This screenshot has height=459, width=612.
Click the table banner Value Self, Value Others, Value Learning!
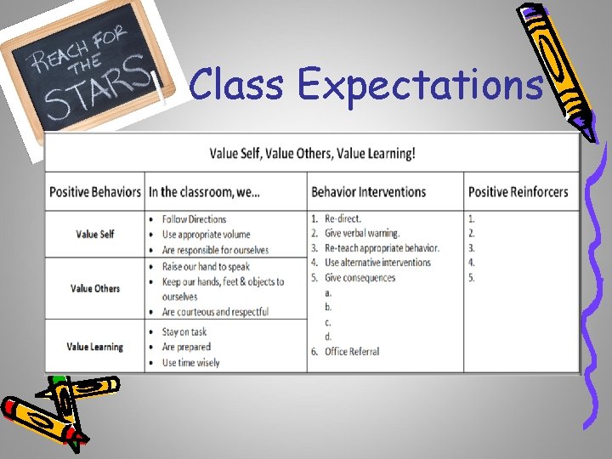click(x=313, y=154)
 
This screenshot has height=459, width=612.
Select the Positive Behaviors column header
click(x=94, y=192)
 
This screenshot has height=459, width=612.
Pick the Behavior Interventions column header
click(x=368, y=192)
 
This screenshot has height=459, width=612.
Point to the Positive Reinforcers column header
click(x=518, y=192)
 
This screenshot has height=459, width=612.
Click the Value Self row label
click(x=95, y=234)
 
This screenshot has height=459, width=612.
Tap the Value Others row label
click(x=95, y=288)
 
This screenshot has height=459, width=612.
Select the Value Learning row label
click(x=95, y=347)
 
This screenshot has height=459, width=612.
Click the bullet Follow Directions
click(x=200, y=219)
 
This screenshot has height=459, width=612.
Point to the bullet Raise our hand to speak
click(x=206, y=266)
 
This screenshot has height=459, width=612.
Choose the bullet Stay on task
click(x=184, y=331)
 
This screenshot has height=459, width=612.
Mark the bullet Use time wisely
click(x=190, y=363)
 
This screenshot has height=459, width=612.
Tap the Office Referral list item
click(x=352, y=351)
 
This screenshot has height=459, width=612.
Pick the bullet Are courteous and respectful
click(x=215, y=312)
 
